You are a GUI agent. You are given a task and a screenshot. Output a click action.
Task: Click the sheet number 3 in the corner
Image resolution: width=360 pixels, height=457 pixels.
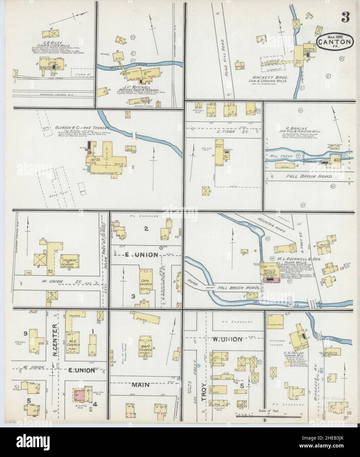(345, 16)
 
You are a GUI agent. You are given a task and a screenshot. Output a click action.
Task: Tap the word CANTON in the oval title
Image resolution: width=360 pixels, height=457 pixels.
(335, 42)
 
